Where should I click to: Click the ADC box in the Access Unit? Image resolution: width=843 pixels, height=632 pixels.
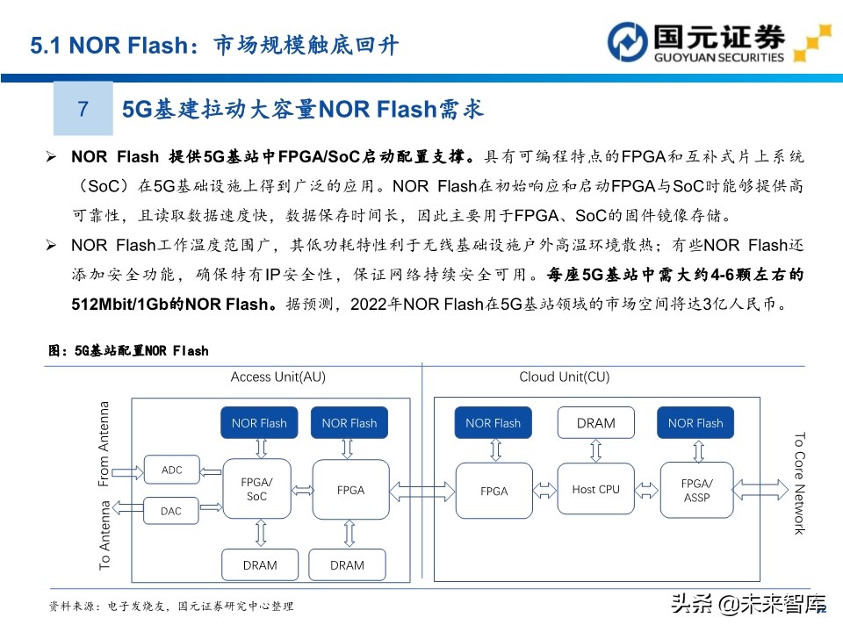click(172, 470)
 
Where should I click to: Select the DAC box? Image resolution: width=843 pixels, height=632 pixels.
click(172, 511)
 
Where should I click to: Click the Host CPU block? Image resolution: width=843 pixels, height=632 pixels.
click(595, 490)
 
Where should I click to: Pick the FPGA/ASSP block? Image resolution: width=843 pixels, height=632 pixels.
click(696, 490)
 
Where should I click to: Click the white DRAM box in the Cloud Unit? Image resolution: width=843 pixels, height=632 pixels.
click(595, 423)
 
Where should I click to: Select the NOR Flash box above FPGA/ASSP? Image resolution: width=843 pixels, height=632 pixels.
click(695, 423)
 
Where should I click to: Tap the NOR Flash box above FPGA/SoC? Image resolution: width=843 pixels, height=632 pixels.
click(259, 423)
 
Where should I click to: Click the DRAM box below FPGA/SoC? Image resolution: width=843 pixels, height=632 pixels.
click(259, 565)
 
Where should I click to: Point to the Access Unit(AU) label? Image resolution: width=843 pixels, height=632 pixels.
click(277, 377)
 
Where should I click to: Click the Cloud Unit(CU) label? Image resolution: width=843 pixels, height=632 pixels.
click(564, 377)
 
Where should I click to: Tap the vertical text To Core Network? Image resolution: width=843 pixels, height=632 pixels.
click(799, 483)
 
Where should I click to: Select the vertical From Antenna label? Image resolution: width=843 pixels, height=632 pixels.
click(104, 444)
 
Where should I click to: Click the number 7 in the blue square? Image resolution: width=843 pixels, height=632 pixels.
click(83, 109)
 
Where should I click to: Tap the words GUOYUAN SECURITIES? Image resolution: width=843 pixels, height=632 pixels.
click(718, 58)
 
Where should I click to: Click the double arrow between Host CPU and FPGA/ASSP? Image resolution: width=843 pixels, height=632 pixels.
click(646, 488)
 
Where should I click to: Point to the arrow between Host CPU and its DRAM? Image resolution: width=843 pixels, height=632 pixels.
click(595, 450)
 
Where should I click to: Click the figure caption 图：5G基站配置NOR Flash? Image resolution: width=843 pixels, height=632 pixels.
click(128, 351)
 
